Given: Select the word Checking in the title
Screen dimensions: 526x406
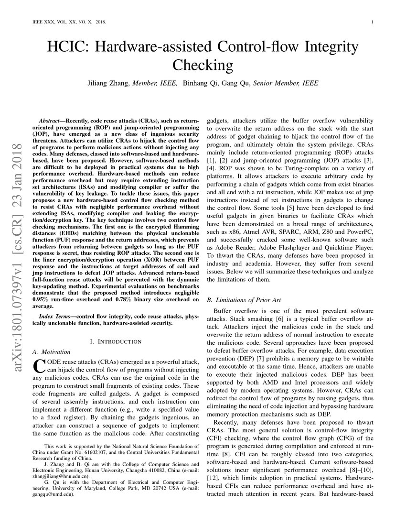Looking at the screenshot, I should (x=203, y=64).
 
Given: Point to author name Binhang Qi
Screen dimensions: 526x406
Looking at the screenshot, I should (x=201, y=83).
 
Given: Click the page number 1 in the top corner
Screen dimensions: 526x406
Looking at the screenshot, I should (x=372, y=22).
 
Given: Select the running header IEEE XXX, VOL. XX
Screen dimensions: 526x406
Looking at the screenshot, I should (x=69, y=22).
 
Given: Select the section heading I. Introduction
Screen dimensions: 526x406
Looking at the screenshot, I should (x=116, y=341).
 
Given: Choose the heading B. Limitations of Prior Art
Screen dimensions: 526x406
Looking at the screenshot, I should (x=243, y=300).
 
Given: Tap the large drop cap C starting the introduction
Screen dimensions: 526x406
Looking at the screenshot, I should (x=39, y=366).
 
